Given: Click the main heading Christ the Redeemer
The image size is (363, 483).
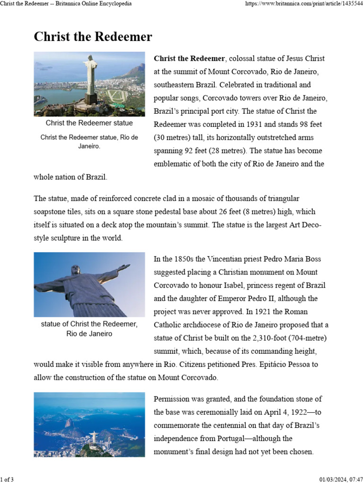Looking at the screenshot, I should [93, 37].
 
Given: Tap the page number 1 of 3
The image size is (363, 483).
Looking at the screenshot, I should [7, 480].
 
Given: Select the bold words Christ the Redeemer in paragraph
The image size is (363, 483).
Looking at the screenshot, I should [189, 58].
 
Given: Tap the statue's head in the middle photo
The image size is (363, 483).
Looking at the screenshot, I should [76, 270].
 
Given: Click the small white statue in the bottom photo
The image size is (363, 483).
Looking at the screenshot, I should [94, 437].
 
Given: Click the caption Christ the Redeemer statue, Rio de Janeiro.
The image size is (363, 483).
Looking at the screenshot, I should [89, 142].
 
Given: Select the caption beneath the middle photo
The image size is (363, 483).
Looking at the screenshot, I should [89, 329].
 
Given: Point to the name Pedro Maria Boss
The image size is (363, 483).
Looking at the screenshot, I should [298, 259].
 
